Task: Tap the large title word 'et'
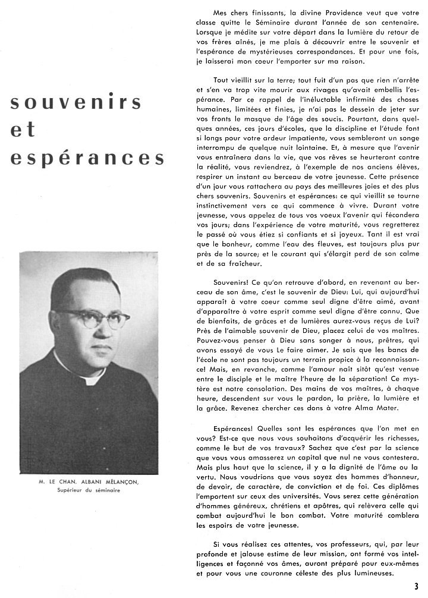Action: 24,130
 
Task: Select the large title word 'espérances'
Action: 86,158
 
